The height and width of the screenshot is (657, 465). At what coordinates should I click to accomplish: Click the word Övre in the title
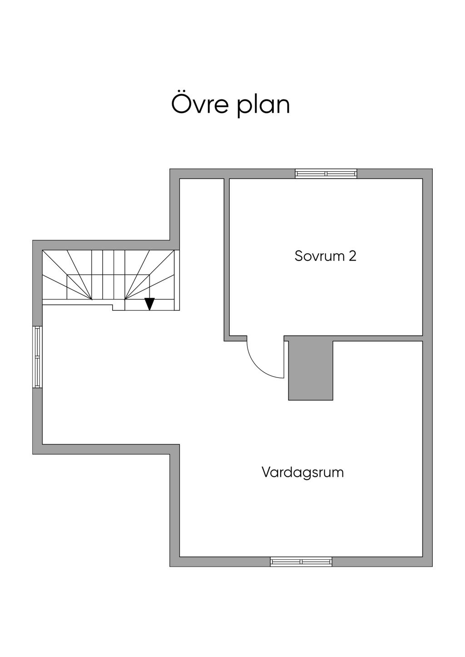[x=200, y=104]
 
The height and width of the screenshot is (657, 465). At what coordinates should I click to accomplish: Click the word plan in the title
[x=263, y=106]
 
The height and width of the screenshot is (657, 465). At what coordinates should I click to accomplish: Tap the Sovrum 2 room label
[x=325, y=256]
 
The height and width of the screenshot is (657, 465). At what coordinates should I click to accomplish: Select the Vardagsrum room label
[x=302, y=472]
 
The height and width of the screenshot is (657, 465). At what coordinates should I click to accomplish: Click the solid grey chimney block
[x=311, y=370]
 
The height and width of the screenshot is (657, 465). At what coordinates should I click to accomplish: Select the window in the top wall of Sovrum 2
[x=326, y=173]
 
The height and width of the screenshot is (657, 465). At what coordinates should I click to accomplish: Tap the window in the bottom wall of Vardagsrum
[x=301, y=562]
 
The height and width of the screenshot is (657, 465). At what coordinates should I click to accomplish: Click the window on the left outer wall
[x=37, y=357]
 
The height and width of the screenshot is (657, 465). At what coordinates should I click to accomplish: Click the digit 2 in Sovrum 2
[x=352, y=256]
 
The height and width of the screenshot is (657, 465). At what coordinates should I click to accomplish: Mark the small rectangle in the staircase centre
[x=108, y=286]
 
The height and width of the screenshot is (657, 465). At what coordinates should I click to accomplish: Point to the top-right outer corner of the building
[x=432, y=169]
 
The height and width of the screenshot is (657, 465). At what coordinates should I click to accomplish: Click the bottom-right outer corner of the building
[x=432, y=566]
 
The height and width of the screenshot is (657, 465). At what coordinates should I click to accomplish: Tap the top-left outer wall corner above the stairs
[x=33, y=240]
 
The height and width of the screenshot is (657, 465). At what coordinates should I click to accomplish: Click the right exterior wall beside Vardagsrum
[x=427, y=454]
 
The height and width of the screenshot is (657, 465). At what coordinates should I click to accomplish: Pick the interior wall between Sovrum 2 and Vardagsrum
[x=377, y=338]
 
